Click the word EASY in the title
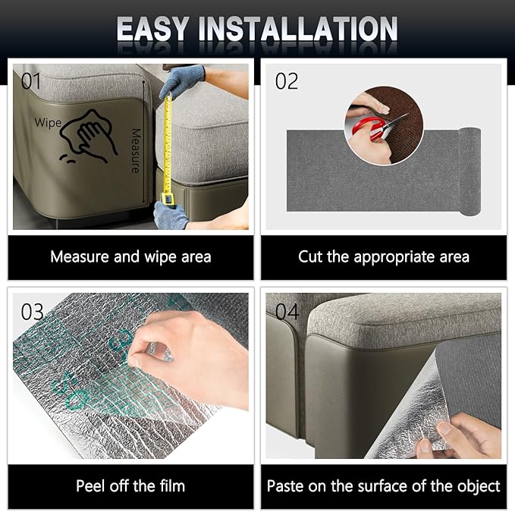coord(152,29)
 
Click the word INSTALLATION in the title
coord(298,29)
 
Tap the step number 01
coord(31,81)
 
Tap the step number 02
coord(287,81)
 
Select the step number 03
coord(32,312)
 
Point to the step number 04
coord(287,312)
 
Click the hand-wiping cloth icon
coord(88,137)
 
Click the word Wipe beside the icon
coord(48,122)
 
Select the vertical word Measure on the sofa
coord(136,151)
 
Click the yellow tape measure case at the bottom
coord(167,199)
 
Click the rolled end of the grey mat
coord(470,171)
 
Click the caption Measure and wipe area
coord(130,256)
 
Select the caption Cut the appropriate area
coord(384,257)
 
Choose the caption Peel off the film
coord(130,485)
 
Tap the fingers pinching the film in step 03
coord(151,353)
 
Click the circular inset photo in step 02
coord(384,126)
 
